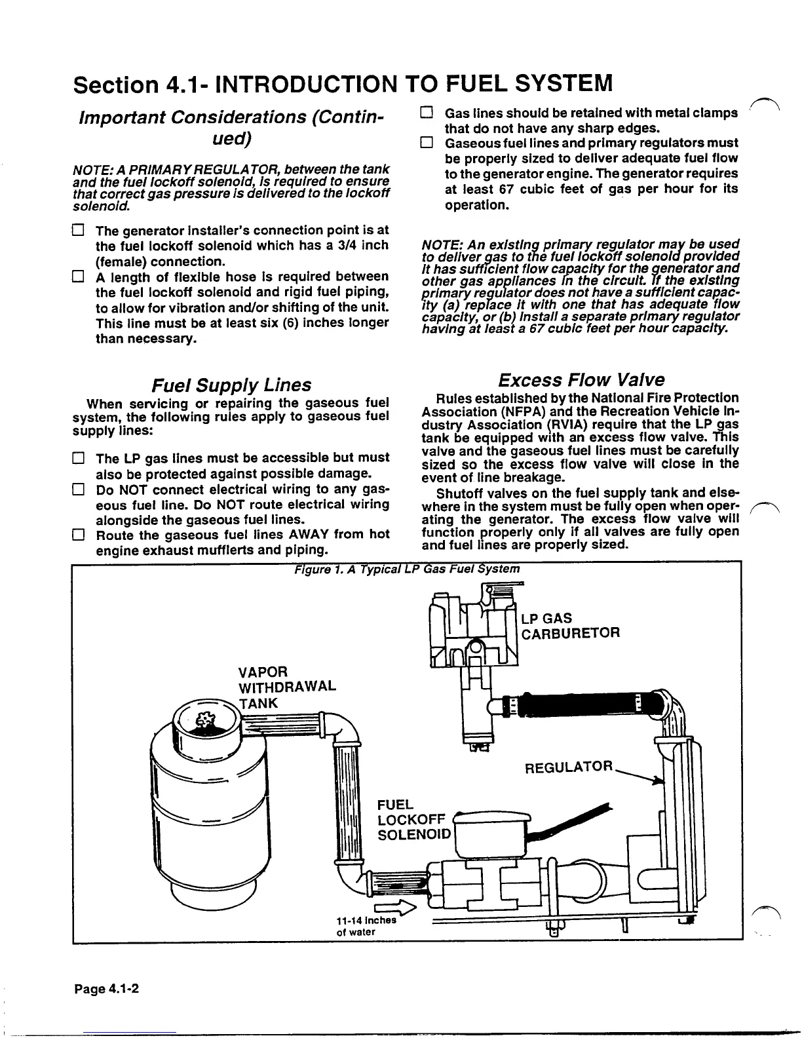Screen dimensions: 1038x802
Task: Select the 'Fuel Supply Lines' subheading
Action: (x=231, y=385)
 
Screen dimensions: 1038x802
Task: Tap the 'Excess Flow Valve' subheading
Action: (x=581, y=380)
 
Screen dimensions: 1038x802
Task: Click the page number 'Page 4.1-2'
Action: (x=106, y=989)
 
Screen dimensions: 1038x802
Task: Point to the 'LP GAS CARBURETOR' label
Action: (x=569, y=626)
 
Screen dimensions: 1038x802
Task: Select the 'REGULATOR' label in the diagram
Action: (x=569, y=767)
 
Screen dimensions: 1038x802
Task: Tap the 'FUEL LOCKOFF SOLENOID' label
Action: (x=413, y=819)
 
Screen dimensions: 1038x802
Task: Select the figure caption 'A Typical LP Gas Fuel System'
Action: (x=407, y=568)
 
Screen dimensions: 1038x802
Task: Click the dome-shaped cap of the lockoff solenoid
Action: (x=493, y=817)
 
